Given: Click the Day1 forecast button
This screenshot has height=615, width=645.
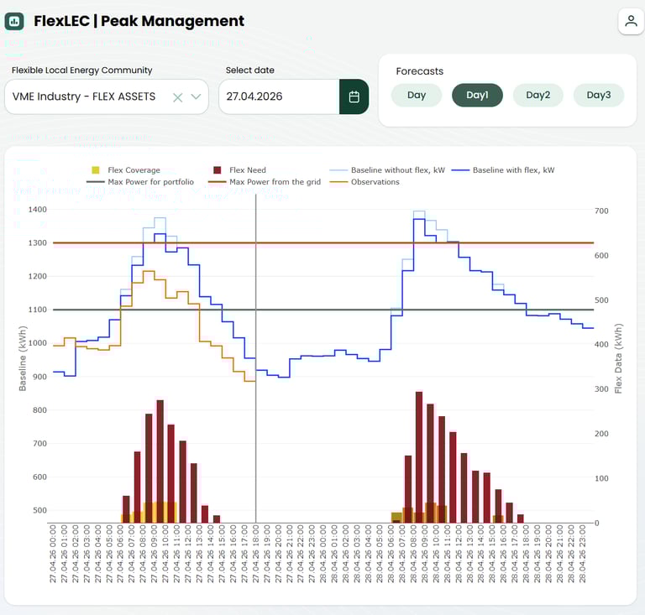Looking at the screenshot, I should click(x=477, y=95).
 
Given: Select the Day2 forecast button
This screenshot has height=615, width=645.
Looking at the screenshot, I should click(x=537, y=95).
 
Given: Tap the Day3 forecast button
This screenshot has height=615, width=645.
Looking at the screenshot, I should click(x=598, y=95).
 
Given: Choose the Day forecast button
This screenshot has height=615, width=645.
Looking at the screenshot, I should click(x=417, y=95).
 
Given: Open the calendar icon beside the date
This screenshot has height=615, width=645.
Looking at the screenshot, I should click(x=354, y=96).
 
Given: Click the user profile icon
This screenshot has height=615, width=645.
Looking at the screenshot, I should click(x=630, y=21).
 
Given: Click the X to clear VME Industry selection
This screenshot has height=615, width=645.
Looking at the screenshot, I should click(x=177, y=97).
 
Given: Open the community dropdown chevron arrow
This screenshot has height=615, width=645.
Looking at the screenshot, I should click(x=196, y=97).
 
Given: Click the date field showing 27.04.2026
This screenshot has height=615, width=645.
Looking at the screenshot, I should click(x=278, y=96).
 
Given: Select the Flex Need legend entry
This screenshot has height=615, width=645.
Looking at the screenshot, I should click(x=247, y=170).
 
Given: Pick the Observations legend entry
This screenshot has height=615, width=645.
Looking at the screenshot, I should click(x=375, y=182).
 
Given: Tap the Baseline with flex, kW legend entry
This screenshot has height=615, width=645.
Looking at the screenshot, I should click(x=513, y=170).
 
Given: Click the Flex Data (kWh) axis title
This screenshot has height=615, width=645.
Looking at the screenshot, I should click(x=619, y=358).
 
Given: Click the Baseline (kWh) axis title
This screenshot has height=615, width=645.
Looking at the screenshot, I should click(x=23, y=358).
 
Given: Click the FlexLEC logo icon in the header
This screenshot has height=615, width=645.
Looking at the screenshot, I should click(x=14, y=22).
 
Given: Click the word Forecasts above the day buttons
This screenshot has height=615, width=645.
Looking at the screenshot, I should click(x=419, y=71).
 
